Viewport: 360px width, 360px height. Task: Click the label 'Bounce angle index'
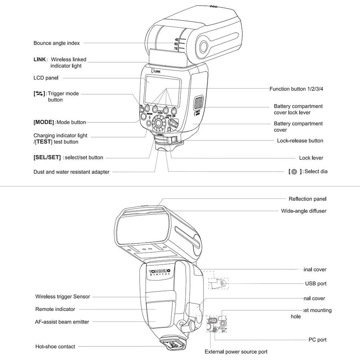coord(57,43)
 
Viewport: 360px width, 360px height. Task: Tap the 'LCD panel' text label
coord(46,78)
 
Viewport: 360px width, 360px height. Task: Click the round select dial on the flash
coord(158,123)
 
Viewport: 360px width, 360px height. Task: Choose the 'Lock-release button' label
coord(300,140)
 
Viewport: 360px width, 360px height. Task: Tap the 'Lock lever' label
coord(311,158)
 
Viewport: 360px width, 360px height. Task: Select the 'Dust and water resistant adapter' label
coord(71,172)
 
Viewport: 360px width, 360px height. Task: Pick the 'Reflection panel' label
coord(307,199)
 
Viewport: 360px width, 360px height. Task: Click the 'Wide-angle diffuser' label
coord(303,211)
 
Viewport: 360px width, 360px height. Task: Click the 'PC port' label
coord(317,339)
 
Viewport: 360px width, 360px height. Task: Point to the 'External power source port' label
coord(236,352)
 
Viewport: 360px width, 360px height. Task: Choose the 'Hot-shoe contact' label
coord(55,346)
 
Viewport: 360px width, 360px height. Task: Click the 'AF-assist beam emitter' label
coord(62,322)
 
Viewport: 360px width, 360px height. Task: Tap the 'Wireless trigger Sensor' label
coord(62,297)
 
